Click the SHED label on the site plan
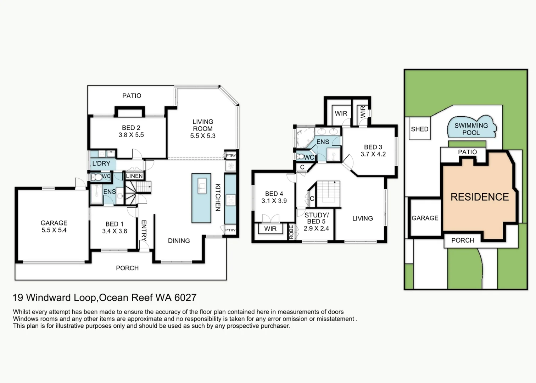pos(419,129)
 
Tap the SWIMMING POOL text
pos(471,129)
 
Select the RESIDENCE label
pos(480,197)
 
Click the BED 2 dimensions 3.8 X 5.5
pos(131,135)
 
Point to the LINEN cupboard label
pos(134,176)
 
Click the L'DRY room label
pos(101,163)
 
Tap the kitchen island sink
pos(202,185)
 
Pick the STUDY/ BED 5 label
pos(316,218)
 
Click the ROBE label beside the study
pos(291,232)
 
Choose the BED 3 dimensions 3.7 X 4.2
pos(373,154)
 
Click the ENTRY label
pos(144,231)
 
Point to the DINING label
pos(179,240)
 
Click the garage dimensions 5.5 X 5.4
pos(54,230)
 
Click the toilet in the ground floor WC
pos(97,177)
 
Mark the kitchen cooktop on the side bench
pos(231,200)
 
